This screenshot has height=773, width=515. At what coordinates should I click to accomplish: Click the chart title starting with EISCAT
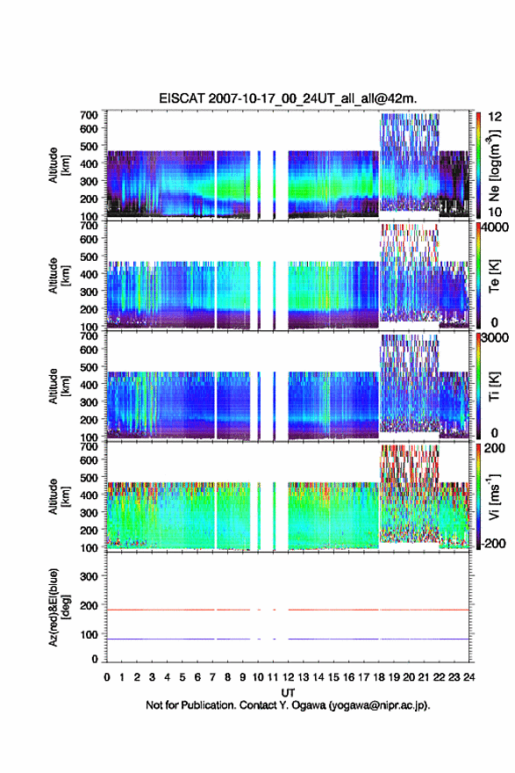[288, 98]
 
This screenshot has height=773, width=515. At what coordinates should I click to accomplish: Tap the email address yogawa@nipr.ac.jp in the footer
[378, 705]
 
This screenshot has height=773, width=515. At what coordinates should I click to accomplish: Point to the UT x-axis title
[288, 693]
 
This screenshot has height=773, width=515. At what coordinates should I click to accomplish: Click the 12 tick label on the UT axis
[288, 677]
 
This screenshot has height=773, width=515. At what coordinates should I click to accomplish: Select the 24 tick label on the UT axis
[469, 677]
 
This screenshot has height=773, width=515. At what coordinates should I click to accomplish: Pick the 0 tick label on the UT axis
[107, 677]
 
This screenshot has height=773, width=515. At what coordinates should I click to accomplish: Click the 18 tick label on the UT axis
[379, 677]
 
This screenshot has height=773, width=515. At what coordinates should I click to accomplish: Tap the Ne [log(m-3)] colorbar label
[494, 165]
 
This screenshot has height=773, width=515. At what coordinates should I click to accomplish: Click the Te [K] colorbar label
[494, 276]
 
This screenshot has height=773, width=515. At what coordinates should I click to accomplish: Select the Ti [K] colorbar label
[494, 386]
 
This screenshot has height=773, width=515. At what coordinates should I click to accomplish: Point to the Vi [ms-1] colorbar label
[494, 496]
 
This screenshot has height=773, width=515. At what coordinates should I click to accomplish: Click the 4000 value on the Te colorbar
[495, 228]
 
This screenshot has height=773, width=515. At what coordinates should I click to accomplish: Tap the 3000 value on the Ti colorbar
[495, 337]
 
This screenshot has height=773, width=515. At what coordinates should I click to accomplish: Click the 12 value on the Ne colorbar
[495, 116]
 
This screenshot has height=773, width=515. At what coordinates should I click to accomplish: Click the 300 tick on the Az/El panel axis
[89, 576]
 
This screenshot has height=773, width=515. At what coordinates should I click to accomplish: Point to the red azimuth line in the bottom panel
[288, 610]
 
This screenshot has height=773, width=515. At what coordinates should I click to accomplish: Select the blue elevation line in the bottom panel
[288, 639]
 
